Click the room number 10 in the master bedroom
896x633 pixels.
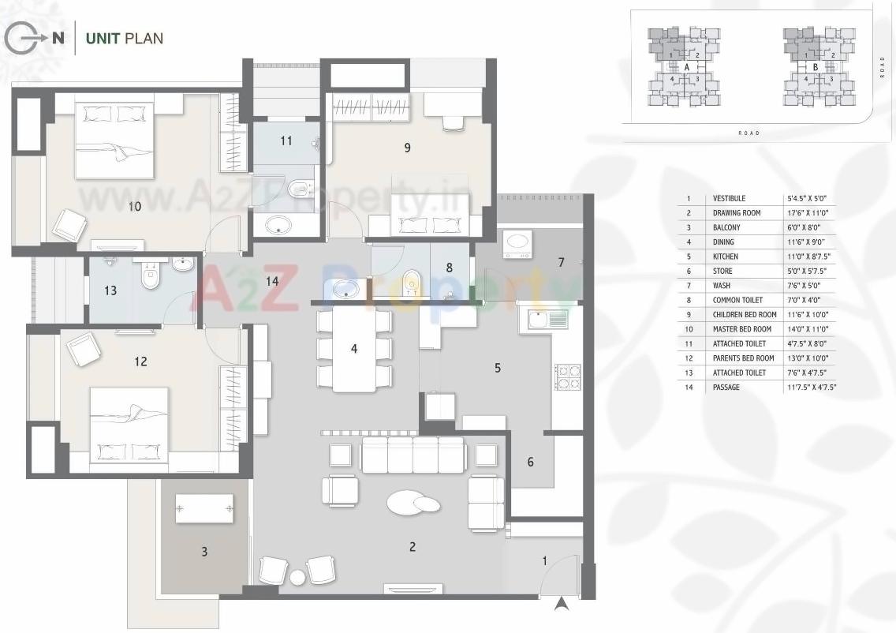(134, 207)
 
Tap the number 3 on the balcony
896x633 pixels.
(204, 552)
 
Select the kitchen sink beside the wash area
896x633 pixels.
(543, 320)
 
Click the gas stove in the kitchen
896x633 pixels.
(567, 377)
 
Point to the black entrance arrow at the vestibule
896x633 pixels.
(561, 605)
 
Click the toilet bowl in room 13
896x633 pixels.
(147, 275)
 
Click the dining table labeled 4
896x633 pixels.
(354, 349)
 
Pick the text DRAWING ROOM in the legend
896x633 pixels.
(736, 213)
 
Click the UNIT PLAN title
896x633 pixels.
(124, 38)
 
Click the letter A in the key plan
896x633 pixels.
(687, 68)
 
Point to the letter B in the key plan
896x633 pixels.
(815, 68)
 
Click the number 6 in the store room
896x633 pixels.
(530, 462)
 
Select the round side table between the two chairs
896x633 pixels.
(297, 578)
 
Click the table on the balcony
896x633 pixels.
(204, 508)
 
